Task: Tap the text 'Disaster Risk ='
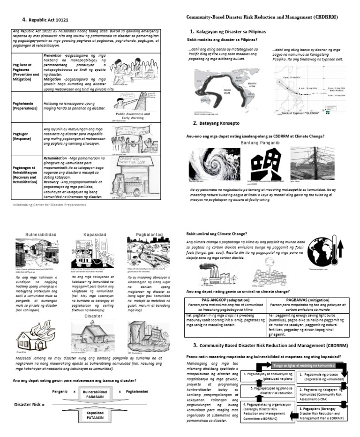click(30, 404)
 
